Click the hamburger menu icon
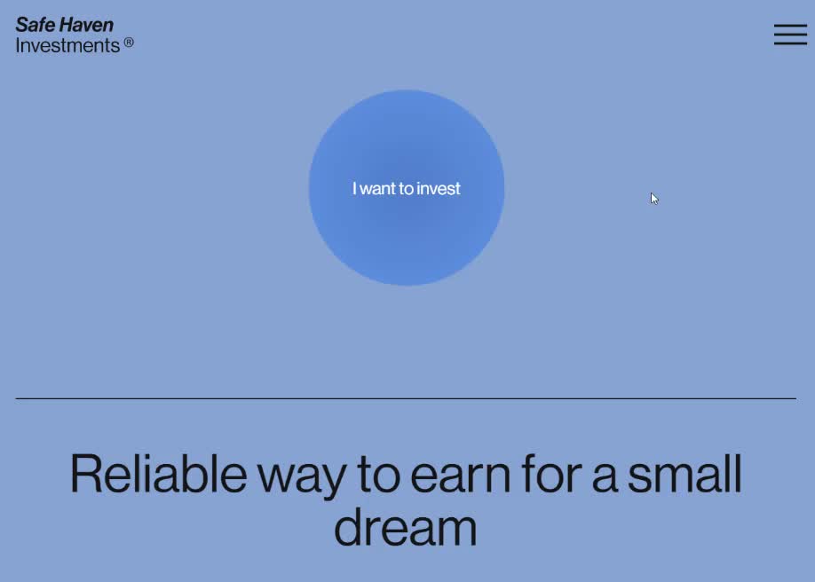click(x=790, y=35)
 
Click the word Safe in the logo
click(x=36, y=25)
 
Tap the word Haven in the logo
click(x=86, y=25)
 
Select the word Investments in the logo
click(x=67, y=46)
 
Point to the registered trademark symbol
click(x=129, y=43)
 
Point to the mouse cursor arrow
click(x=654, y=199)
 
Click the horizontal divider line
click(x=406, y=398)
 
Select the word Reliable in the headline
click(x=158, y=474)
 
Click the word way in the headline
click(x=302, y=478)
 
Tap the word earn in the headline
click(x=461, y=477)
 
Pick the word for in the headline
click(x=551, y=474)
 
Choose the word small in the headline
click(x=684, y=474)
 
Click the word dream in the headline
click(x=406, y=527)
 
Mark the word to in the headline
click(x=378, y=475)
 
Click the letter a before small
click(x=604, y=478)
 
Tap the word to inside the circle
click(x=407, y=189)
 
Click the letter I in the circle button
click(x=354, y=188)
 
